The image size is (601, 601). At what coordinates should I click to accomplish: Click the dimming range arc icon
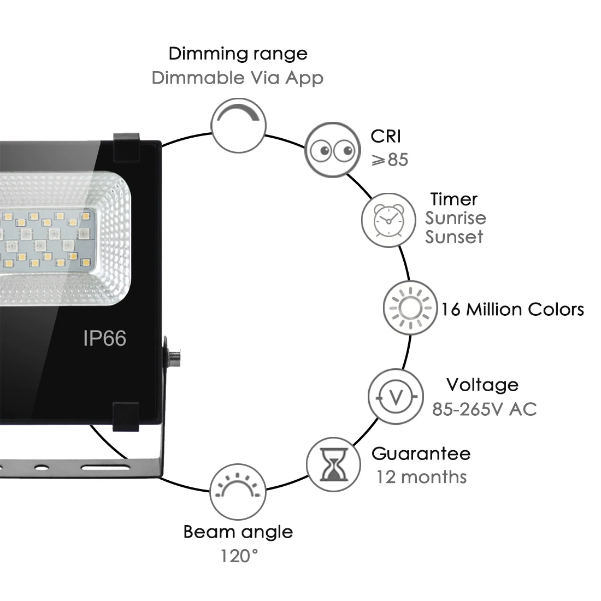(238, 125)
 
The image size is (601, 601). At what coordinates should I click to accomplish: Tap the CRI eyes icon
(332, 149)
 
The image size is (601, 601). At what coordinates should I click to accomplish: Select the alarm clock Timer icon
(388, 219)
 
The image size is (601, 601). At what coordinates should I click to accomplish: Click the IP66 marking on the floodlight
(104, 339)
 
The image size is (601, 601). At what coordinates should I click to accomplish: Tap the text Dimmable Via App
(237, 78)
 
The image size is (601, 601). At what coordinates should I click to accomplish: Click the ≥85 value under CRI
(390, 160)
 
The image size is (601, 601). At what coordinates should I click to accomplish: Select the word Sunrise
(456, 218)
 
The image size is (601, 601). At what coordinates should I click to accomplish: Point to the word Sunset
(454, 237)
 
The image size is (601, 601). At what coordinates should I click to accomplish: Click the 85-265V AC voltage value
(484, 409)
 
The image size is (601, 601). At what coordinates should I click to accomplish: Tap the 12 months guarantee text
(421, 477)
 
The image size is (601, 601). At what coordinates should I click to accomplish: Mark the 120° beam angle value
(239, 556)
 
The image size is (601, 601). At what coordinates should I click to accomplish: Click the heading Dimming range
(238, 54)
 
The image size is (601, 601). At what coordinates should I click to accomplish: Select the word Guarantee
(421, 453)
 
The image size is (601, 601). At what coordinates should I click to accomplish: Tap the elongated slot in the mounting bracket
(106, 468)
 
